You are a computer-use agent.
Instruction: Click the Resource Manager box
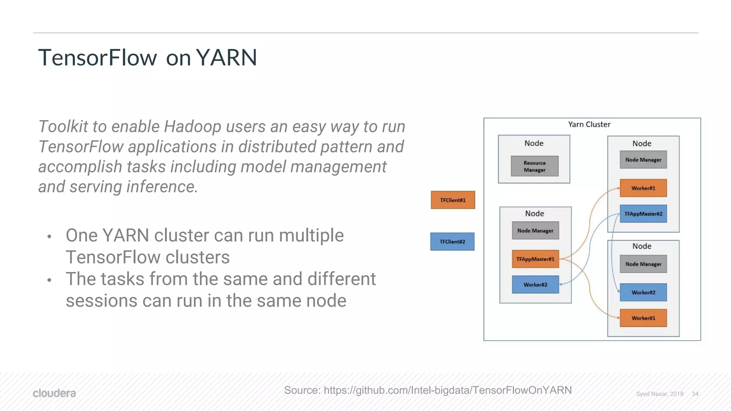(534, 166)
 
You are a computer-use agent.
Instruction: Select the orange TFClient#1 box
(453, 200)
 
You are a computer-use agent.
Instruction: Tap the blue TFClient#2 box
(452, 242)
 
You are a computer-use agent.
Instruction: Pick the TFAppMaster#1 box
(535, 259)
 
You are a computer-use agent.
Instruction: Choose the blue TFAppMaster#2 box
(643, 214)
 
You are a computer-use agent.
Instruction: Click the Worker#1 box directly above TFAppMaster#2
(643, 188)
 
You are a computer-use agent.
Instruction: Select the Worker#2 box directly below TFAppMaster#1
(535, 284)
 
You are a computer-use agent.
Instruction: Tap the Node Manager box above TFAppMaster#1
(535, 231)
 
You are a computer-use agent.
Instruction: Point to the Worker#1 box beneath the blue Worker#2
(643, 318)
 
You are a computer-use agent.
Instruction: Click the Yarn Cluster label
(589, 124)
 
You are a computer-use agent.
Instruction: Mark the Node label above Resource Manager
(534, 143)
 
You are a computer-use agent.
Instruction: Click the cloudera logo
(54, 393)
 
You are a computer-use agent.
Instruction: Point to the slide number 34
(695, 394)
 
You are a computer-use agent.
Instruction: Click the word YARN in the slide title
(226, 57)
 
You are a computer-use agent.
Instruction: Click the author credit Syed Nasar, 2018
(660, 394)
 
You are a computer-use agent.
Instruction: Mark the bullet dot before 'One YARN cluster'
(49, 236)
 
